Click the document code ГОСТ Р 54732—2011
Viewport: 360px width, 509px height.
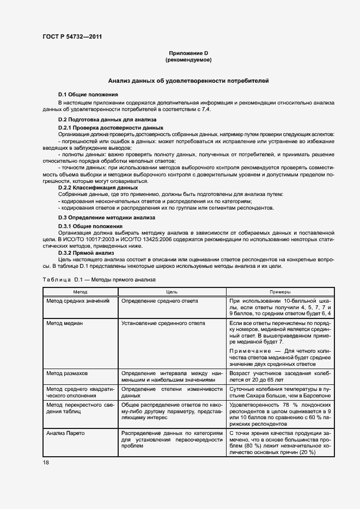pyautogui.click(x=72, y=37)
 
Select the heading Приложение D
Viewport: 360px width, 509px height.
pyautogui.click(x=188, y=53)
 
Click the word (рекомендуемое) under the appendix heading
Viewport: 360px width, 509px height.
pyautogui.click(x=188, y=59)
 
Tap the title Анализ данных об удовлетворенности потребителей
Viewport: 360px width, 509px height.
pyautogui.click(x=188, y=80)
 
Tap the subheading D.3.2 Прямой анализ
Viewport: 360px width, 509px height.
pyautogui.click(x=86, y=253)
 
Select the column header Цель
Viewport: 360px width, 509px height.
pyautogui.click(x=172, y=292)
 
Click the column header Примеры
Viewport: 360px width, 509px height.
pyautogui.click(x=280, y=292)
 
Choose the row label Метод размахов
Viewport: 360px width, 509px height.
pyautogui.click(x=67, y=373)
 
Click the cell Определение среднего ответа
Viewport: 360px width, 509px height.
pyautogui.click(x=160, y=301)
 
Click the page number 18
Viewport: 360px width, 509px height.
pyautogui.click(x=46, y=462)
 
